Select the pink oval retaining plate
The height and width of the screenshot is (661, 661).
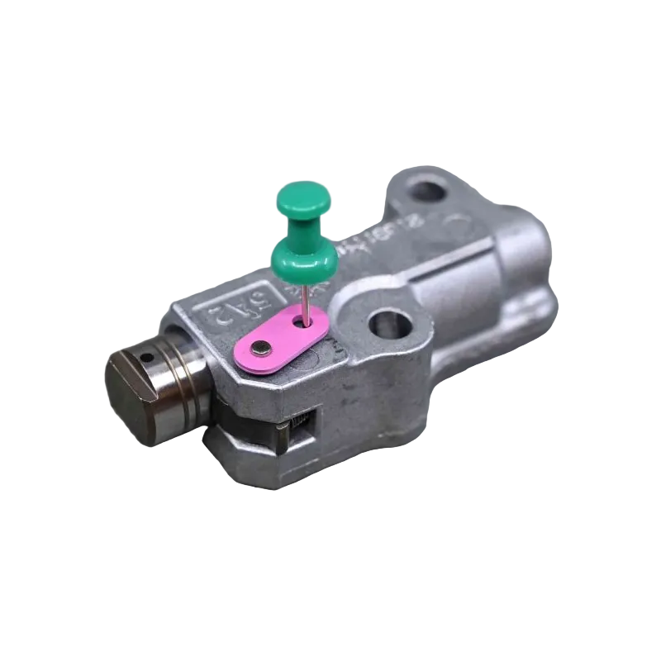[x=282, y=338]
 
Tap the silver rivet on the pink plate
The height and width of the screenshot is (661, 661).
[x=263, y=347]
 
